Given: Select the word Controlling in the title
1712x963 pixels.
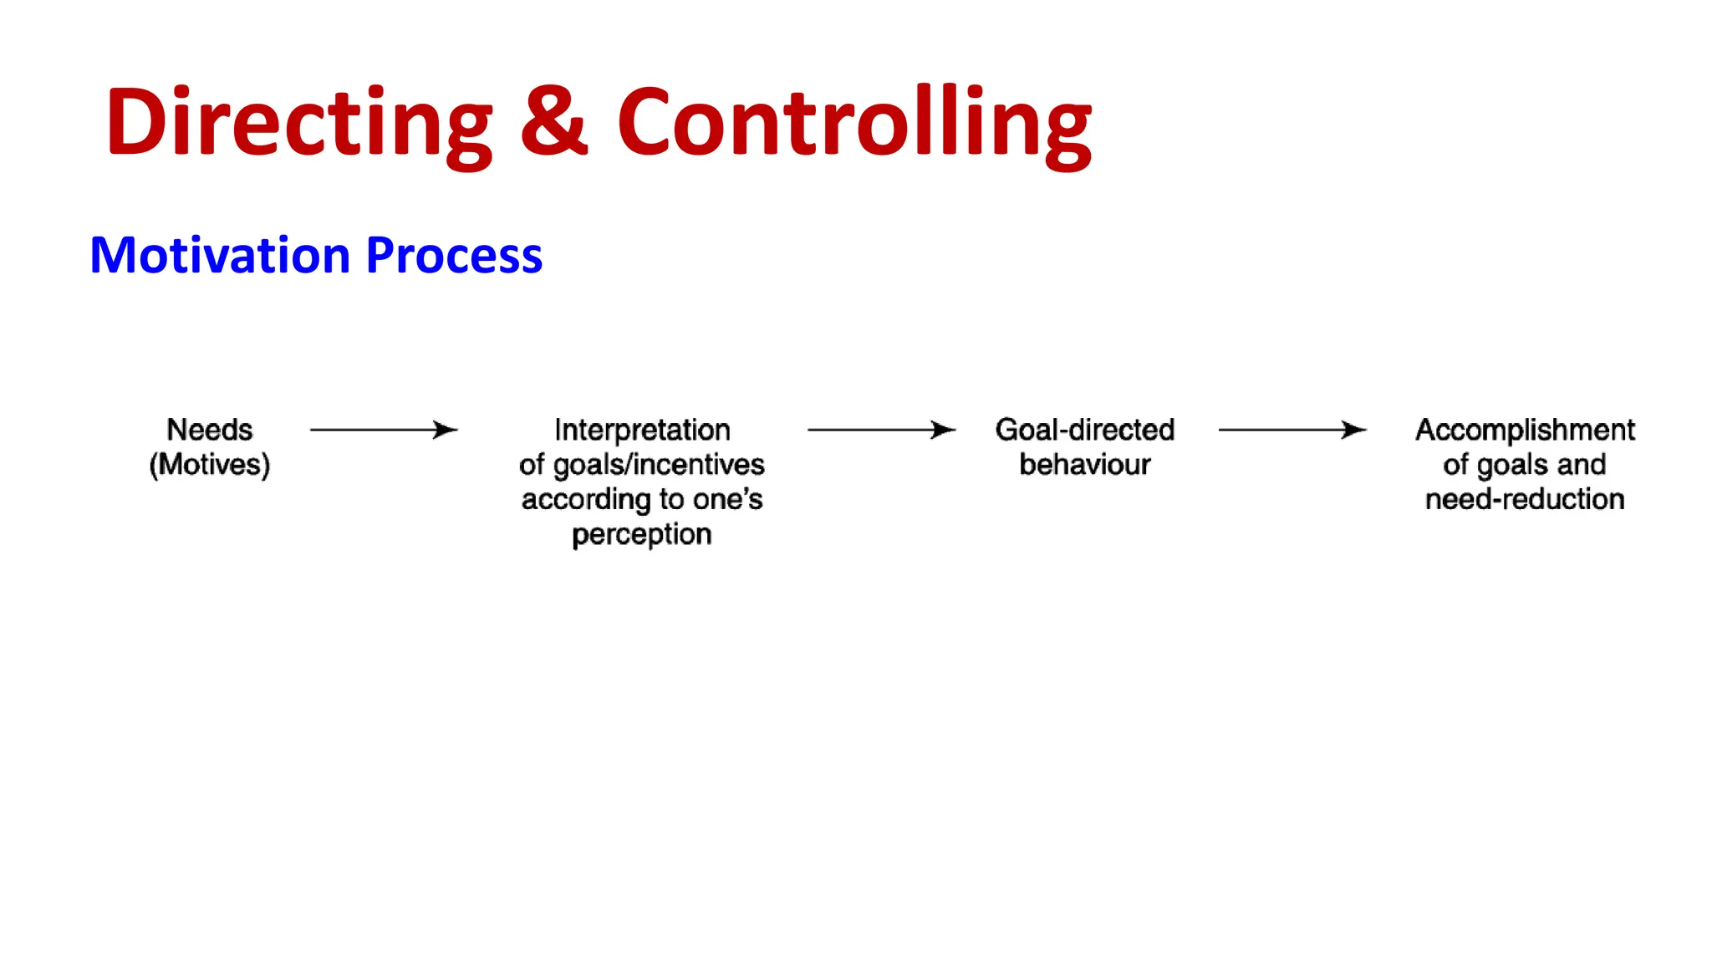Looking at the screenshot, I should click(853, 124).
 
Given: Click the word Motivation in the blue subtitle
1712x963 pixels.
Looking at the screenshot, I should click(219, 255).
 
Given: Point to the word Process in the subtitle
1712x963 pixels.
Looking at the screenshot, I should click(454, 255).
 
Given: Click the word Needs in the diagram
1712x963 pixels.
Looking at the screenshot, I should click(209, 430).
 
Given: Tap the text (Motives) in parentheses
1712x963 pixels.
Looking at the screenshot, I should click(209, 465).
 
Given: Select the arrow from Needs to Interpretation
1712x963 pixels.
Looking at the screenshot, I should click(384, 430).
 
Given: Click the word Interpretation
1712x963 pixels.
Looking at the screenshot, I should click(642, 430).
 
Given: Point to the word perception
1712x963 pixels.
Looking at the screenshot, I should click(642, 534).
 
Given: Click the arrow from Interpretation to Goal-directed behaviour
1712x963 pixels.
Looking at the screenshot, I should click(881, 430).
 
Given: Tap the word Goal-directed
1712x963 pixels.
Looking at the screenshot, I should click(1085, 430).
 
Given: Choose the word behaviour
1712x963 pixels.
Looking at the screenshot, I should click(1085, 465).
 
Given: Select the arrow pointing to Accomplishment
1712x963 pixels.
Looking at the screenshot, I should click(1292, 430).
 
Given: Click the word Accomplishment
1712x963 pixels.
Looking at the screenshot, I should click(1525, 430).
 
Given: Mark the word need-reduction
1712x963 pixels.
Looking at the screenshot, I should click(1525, 500).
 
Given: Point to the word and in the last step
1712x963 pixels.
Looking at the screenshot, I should click(1581, 465).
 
